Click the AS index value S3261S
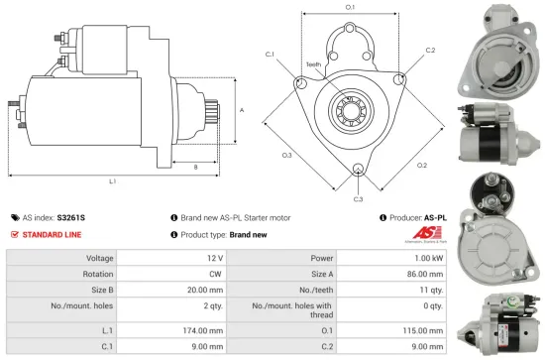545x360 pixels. point(70,215)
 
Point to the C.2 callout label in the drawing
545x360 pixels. point(429,50)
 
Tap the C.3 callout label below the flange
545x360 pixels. point(358,198)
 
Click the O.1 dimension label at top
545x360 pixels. point(350,8)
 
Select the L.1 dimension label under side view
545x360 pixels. point(112,180)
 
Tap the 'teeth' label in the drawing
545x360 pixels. point(313,63)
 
